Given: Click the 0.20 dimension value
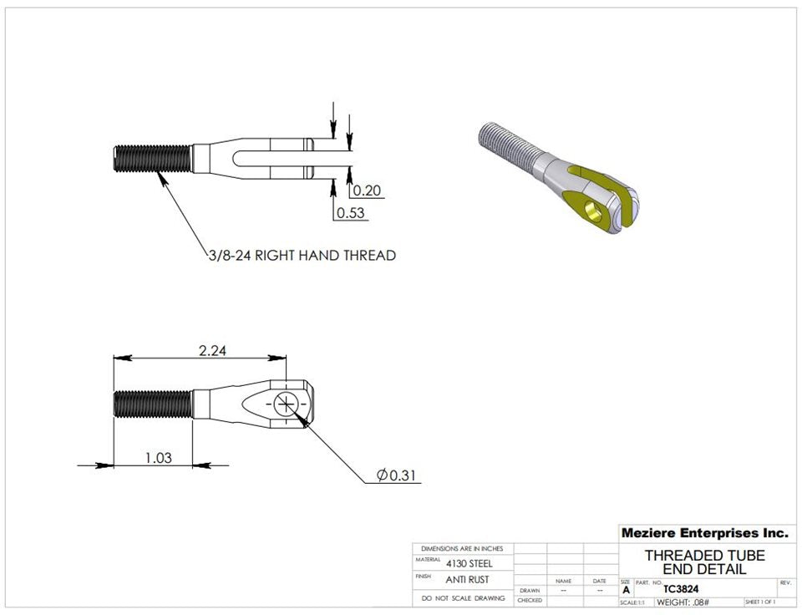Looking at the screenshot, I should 367,191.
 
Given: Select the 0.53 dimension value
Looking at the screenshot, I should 351,213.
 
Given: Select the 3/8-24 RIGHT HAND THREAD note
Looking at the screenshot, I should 302,255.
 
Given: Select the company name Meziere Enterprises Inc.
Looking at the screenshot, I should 704,533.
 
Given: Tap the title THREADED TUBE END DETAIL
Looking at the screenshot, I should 704,562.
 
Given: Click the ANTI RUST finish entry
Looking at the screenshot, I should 468,579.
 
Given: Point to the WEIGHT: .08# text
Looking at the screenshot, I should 683,602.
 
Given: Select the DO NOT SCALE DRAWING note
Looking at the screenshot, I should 463,598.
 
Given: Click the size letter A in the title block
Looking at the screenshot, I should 627,590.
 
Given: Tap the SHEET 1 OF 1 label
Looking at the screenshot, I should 759,602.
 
